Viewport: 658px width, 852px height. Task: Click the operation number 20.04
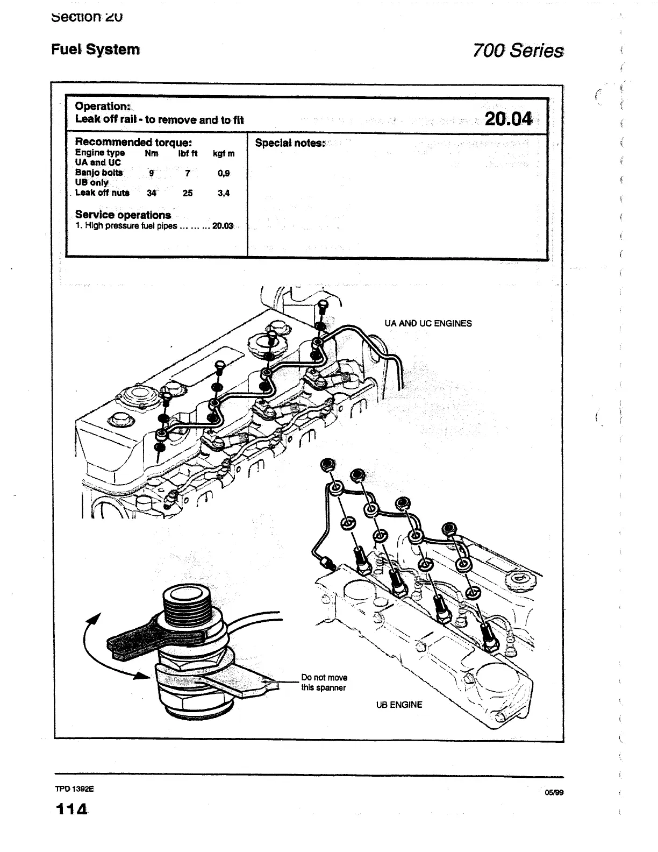(x=508, y=119)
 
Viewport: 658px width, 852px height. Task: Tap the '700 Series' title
(x=518, y=51)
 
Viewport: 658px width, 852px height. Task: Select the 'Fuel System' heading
(x=96, y=49)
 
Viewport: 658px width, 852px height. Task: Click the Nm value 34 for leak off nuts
(x=152, y=193)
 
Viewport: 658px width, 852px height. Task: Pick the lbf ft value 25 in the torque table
(x=187, y=193)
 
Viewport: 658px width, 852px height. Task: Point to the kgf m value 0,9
(x=224, y=174)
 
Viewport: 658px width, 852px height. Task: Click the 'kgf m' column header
(x=224, y=153)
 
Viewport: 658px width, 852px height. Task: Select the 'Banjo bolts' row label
(x=99, y=173)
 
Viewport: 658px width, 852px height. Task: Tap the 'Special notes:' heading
(x=290, y=143)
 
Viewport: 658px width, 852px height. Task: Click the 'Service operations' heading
(x=123, y=215)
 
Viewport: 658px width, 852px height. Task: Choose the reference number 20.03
(x=223, y=226)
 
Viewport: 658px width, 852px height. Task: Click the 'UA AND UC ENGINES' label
(x=428, y=323)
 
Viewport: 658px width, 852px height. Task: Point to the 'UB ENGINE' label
(x=399, y=705)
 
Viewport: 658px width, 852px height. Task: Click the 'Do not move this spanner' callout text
(x=324, y=683)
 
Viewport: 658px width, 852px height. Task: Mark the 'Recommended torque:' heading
(x=133, y=142)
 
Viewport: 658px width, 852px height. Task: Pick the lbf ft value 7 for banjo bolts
(x=187, y=174)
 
